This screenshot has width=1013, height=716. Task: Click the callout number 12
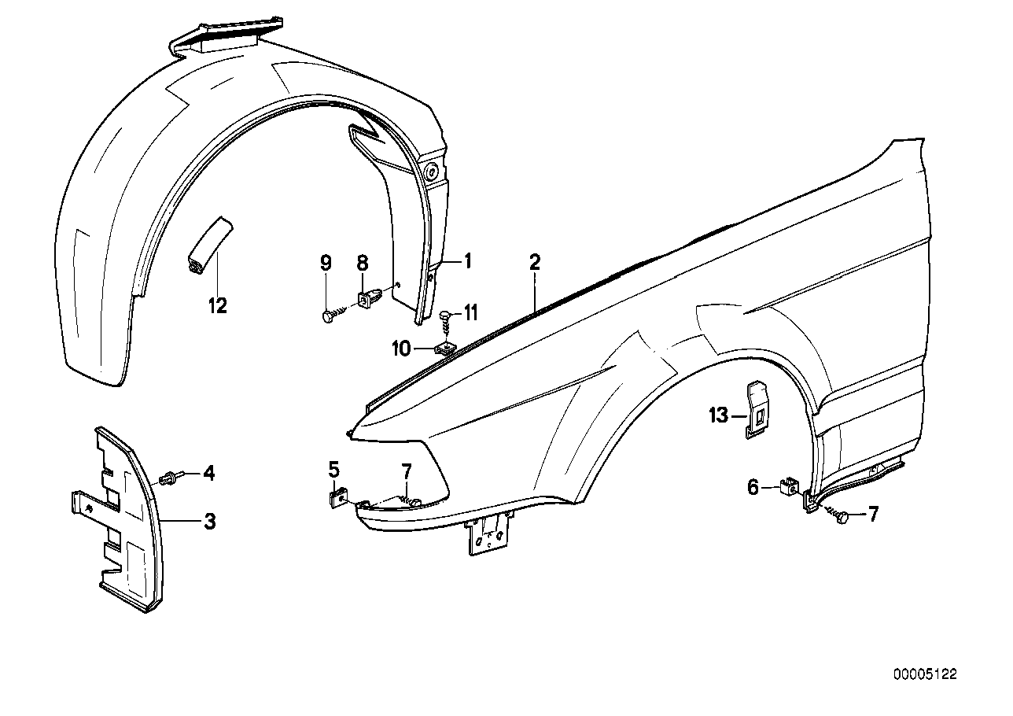pos(217,305)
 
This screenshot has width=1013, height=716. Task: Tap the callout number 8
pos(363,264)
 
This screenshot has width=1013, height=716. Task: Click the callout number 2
pos(534,263)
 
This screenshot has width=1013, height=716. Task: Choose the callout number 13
pos(719,416)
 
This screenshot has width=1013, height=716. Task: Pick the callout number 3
pos(210,521)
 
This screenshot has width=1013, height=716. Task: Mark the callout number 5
pos(334,470)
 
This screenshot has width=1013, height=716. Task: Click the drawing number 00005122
pos(925,674)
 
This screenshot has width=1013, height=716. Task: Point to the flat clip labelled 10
pos(446,347)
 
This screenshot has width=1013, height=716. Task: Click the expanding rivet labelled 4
pos(171,478)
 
